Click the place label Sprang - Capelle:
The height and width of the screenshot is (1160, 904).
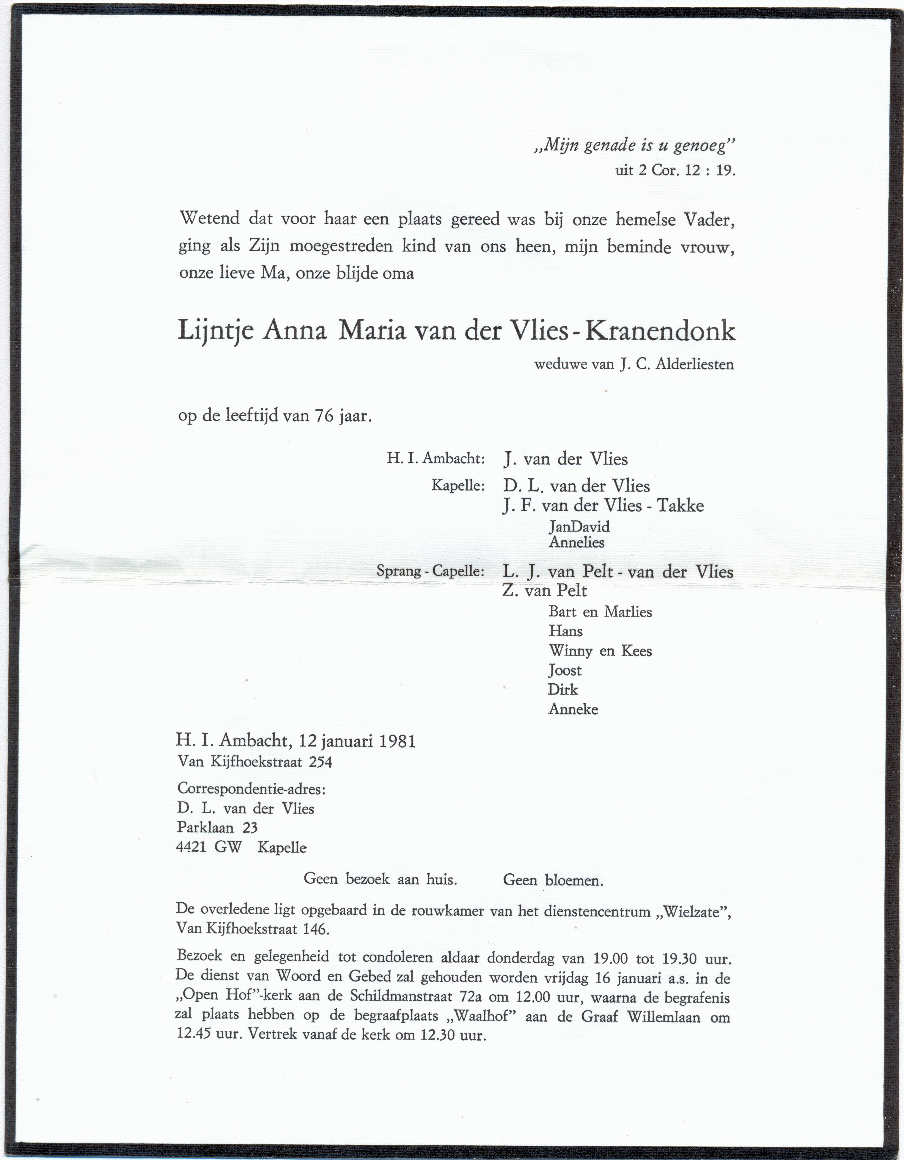[x=430, y=572]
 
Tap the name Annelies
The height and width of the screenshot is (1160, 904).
[x=576, y=542]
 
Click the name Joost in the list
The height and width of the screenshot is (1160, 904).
[x=565, y=670]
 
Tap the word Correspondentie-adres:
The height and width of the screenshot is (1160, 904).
[x=251, y=789]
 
